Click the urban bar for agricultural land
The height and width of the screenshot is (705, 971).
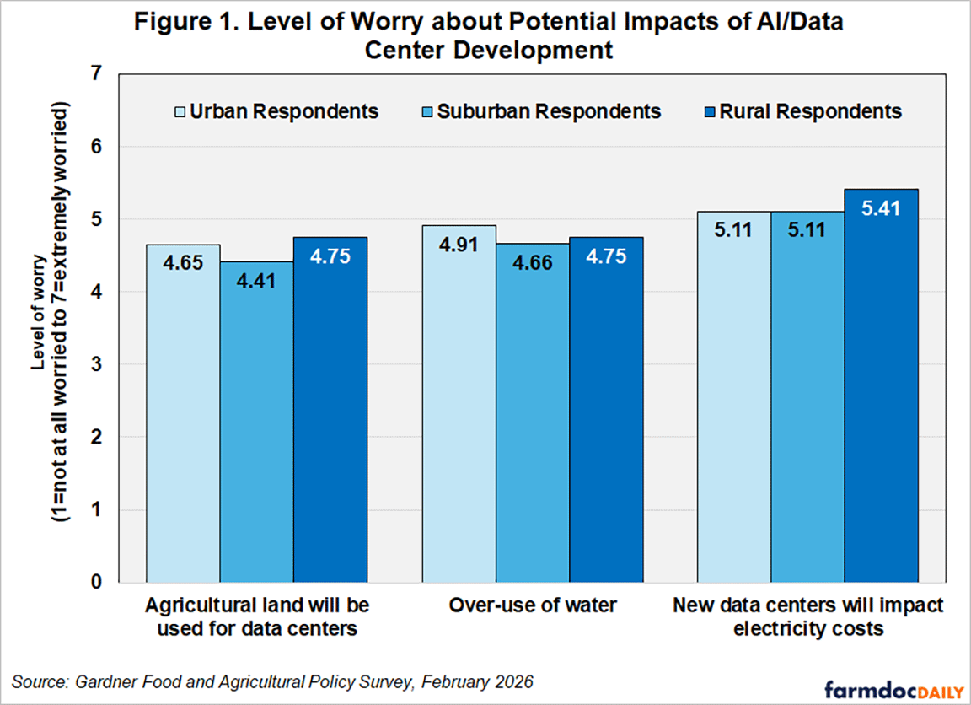click(x=183, y=413)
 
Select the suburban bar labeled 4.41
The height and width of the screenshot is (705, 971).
click(x=256, y=422)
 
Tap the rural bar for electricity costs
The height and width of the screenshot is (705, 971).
click(x=881, y=386)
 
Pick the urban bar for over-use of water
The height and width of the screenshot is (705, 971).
click(x=459, y=404)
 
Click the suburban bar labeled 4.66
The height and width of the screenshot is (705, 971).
click(x=533, y=413)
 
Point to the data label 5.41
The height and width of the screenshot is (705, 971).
click(x=881, y=208)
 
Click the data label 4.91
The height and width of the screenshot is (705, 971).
click(x=459, y=245)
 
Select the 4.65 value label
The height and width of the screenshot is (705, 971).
click(x=183, y=262)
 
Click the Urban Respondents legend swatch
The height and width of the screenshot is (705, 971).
click(x=180, y=112)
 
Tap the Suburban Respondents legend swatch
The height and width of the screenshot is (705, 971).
click(x=427, y=112)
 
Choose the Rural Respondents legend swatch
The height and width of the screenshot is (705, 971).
click(x=710, y=112)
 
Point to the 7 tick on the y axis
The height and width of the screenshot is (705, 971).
click(x=96, y=73)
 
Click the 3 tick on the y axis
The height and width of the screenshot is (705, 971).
click(x=96, y=364)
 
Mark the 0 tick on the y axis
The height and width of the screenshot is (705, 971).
click(x=96, y=583)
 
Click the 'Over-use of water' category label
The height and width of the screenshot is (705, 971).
click(x=533, y=605)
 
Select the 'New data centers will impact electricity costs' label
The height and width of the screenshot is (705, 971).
click(x=808, y=617)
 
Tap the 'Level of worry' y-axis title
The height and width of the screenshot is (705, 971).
click(x=39, y=312)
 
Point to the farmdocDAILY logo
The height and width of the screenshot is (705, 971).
click(x=894, y=689)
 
